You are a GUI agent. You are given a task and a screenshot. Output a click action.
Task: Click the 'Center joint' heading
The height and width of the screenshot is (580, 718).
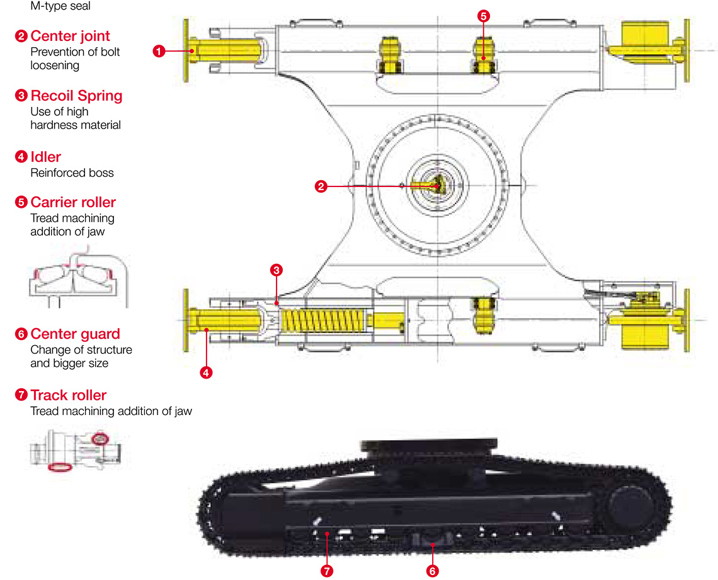[x=70, y=36]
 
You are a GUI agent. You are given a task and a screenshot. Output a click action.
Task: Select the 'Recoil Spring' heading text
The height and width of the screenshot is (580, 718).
[x=76, y=96]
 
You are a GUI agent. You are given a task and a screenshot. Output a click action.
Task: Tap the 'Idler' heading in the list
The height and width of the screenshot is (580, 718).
[x=45, y=157]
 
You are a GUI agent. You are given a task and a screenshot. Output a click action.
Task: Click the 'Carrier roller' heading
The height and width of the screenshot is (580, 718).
[x=73, y=203]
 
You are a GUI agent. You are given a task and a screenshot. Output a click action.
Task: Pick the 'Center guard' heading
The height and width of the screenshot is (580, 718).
[x=75, y=334]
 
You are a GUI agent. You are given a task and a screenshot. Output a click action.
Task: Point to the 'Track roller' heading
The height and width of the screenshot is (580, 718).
[x=68, y=395]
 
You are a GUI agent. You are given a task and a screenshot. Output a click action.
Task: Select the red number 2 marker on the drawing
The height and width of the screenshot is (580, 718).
[x=321, y=186]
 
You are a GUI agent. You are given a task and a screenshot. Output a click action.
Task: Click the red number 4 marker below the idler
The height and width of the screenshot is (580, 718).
[x=206, y=372]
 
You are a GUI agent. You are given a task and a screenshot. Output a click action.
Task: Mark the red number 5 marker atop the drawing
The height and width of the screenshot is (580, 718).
[x=483, y=17]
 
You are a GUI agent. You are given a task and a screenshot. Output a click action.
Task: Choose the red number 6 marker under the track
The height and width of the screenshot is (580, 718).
[x=432, y=571]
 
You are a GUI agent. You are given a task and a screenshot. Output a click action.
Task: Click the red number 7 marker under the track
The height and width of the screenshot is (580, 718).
[x=326, y=571]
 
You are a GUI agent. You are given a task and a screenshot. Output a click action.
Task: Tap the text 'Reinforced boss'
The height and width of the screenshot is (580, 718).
[x=72, y=173]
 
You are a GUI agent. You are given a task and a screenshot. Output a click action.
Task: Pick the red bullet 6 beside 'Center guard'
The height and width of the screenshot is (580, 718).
[x=21, y=334]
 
